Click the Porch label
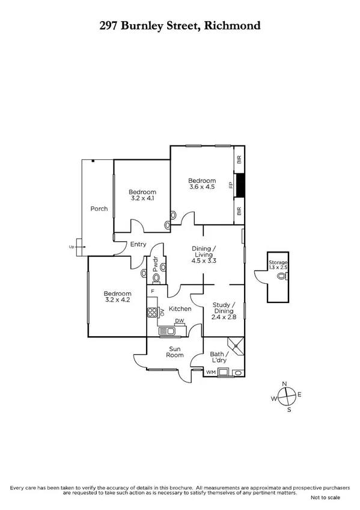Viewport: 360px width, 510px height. click(99, 209)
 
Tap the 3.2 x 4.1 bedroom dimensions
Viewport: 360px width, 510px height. click(143, 197)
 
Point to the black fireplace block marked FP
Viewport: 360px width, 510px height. click(240, 185)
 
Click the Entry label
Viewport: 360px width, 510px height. click(138, 244)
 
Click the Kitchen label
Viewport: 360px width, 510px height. click(180, 309)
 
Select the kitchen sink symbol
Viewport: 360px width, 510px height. click(166, 331)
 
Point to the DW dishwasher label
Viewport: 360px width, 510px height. click(178, 321)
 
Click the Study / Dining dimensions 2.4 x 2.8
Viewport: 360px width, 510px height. click(224, 316)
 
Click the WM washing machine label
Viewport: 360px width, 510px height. click(210, 373)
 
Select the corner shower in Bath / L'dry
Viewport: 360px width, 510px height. click(239, 346)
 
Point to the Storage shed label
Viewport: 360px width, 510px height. click(278, 263)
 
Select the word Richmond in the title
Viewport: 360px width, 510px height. click(231, 25)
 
